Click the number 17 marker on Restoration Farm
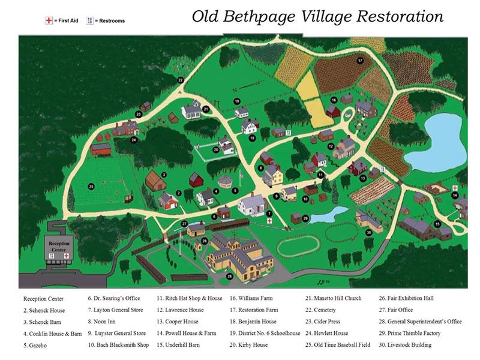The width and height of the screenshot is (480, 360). (360, 61)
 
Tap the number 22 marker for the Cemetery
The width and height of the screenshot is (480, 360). (181, 80)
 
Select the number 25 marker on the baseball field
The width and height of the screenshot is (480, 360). (91, 187)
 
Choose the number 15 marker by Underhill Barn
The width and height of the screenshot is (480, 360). (437, 224)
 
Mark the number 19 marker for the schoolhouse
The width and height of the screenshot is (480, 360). (237, 101)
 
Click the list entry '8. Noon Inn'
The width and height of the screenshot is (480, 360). (107, 321)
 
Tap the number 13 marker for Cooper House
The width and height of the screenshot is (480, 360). (362, 178)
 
